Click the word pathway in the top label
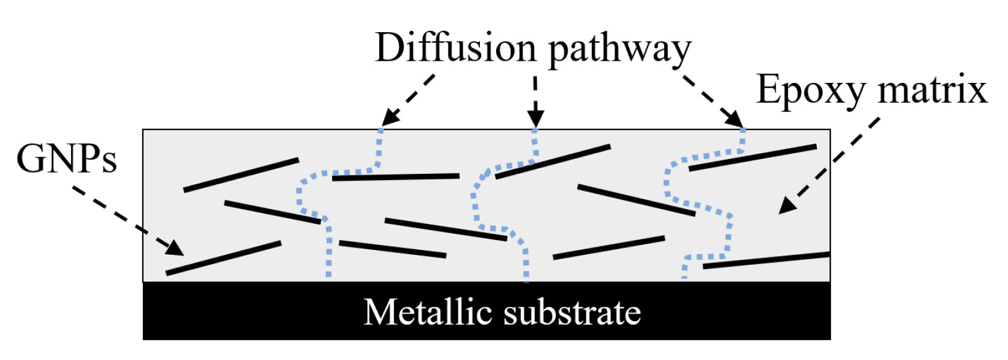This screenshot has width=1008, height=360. tap(619, 49)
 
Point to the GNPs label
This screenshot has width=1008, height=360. tap(66, 158)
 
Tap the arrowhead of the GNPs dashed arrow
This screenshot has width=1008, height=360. tap(176, 249)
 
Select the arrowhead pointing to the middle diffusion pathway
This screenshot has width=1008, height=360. tap(536, 119)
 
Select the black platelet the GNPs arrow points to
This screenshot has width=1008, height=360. tap(223, 258)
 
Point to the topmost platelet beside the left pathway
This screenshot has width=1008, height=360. tap(241, 175)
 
